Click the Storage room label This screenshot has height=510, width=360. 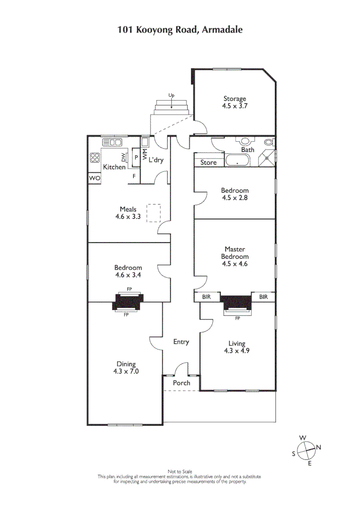pyautogui.click(x=235, y=102)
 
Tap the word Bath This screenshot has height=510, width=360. pyautogui.click(x=248, y=150)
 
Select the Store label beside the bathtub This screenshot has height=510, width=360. pyautogui.click(x=209, y=162)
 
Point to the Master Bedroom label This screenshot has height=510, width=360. pyautogui.click(x=234, y=256)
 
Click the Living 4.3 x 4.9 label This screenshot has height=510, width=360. pyautogui.click(x=237, y=348)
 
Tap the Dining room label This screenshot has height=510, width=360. pyautogui.click(x=126, y=367)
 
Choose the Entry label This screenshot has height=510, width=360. pyautogui.click(x=181, y=342)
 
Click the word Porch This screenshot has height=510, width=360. pyautogui.click(x=182, y=383)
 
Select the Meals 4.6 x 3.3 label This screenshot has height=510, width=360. pyautogui.click(x=128, y=213)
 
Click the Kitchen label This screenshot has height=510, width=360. pyautogui.click(x=115, y=167)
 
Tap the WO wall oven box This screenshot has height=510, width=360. pyautogui.click(x=94, y=178)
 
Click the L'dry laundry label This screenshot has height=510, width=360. pyautogui.click(x=156, y=161)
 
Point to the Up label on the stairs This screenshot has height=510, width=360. pyautogui.click(x=171, y=95)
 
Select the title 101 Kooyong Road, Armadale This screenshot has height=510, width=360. pyautogui.click(x=180, y=30)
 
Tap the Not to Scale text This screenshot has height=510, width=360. pyautogui.click(x=180, y=472)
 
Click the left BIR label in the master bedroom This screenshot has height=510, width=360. pyautogui.click(x=206, y=297)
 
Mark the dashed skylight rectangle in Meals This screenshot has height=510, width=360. pyautogui.click(x=153, y=213)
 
